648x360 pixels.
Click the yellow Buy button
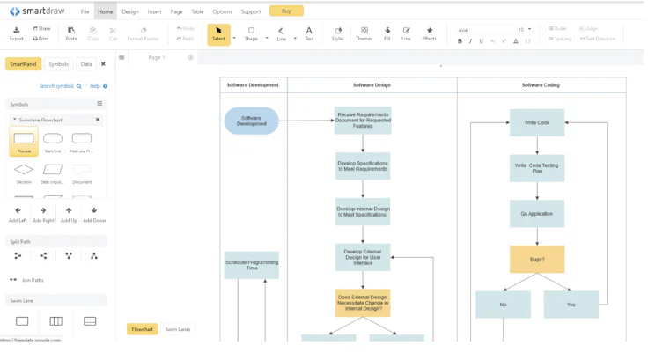point(286,11)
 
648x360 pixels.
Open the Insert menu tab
point(154,12)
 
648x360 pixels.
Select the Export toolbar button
point(16,33)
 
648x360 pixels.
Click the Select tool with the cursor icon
point(218,33)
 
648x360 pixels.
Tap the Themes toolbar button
point(364,33)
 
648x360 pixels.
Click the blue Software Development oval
point(252,121)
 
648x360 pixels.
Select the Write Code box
point(536,122)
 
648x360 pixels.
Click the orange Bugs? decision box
point(536,260)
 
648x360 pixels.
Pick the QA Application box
point(536,213)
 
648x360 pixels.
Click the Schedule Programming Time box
point(252,265)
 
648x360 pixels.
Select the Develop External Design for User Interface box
point(363,258)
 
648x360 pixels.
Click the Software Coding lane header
point(541,85)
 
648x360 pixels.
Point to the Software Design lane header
point(372,85)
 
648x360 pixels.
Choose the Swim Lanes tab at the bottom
point(178,329)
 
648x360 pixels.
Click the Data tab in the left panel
point(85,64)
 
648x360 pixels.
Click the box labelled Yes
point(571,305)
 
